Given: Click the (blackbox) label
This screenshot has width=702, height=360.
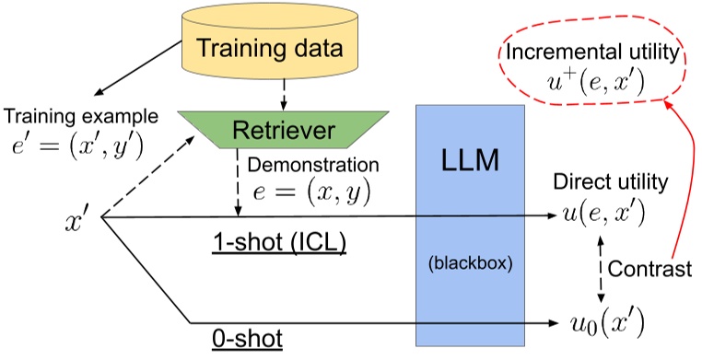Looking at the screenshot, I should pyautogui.click(x=470, y=261).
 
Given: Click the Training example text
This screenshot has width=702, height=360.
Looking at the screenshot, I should pyautogui.click(x=80, y=117).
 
